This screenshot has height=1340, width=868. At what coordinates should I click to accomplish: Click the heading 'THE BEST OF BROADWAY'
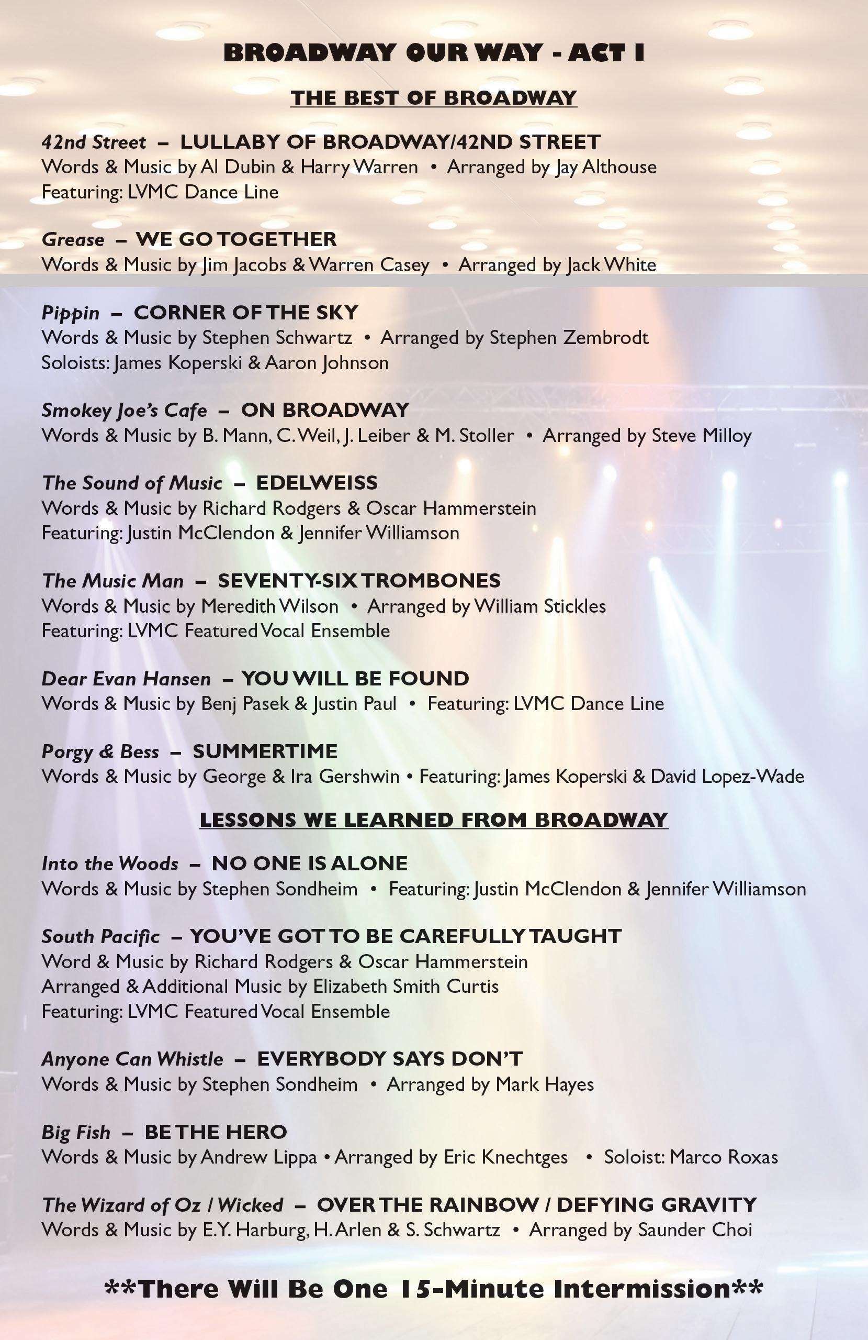(434, 97)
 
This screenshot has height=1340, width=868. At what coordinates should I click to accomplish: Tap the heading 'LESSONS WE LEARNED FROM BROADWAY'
(434, 820)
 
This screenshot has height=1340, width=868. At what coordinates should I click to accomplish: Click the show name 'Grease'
(73, 240)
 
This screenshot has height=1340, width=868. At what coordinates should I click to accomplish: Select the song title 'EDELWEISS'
(317, 483)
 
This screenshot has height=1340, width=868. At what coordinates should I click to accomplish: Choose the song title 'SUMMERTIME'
(265, 751)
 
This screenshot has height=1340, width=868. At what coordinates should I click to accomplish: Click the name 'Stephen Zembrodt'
(569, 338)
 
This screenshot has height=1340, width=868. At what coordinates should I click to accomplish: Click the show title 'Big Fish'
(76, 1132)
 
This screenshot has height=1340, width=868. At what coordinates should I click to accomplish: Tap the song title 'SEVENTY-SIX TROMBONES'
(359, 581)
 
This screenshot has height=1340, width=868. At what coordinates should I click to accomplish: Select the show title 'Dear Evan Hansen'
(126, 679)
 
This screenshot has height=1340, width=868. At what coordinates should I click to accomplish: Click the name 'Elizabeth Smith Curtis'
(405, 987)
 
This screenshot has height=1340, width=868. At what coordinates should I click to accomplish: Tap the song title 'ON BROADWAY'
(324, 411)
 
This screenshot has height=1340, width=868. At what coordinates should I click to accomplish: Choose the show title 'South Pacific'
(100, 936)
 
